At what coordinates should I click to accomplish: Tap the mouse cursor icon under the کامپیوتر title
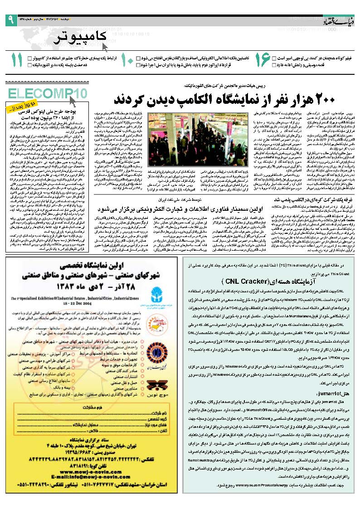(x=106, y=46)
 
